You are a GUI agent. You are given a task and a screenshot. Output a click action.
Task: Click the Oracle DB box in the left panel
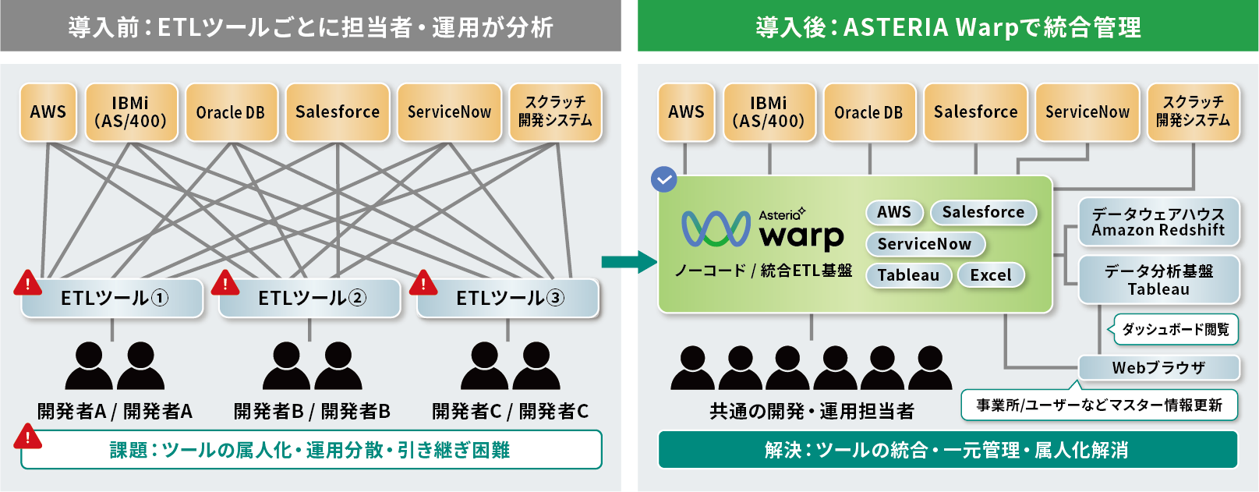[231, 113]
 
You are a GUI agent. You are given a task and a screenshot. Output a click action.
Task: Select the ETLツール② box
[311, 299]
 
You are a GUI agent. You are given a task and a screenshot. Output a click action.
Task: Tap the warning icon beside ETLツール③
[423, 282]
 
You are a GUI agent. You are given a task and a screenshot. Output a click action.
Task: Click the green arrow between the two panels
[629, 262]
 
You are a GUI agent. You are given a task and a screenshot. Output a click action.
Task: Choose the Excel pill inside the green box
[991, 275]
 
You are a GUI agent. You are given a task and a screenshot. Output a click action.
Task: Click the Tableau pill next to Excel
[908, 275]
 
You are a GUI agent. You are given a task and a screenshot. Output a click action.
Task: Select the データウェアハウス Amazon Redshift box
[1158, 222]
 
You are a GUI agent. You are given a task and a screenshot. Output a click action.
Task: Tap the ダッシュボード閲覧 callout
[1175, 330]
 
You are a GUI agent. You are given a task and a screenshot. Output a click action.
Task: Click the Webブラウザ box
[1158, 368]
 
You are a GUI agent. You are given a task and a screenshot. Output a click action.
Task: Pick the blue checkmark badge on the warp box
[663, 179]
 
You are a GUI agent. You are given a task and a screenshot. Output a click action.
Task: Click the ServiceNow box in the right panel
[1087, 113]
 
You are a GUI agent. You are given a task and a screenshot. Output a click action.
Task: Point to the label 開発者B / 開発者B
[312, 411]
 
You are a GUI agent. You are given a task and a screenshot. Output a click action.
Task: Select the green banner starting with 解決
[947, 450]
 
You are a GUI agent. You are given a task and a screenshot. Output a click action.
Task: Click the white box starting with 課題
[311, 450]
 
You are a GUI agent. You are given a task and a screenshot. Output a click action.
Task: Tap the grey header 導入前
[310, 27]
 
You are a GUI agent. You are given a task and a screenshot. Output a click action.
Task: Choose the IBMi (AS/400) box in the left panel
[131, 113]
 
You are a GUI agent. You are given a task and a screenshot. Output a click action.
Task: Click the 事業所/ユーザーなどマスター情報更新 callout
[1099, 405]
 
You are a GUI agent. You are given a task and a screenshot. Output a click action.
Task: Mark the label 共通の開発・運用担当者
[812, 411]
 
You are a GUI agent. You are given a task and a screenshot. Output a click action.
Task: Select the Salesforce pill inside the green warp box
[983, 212]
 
